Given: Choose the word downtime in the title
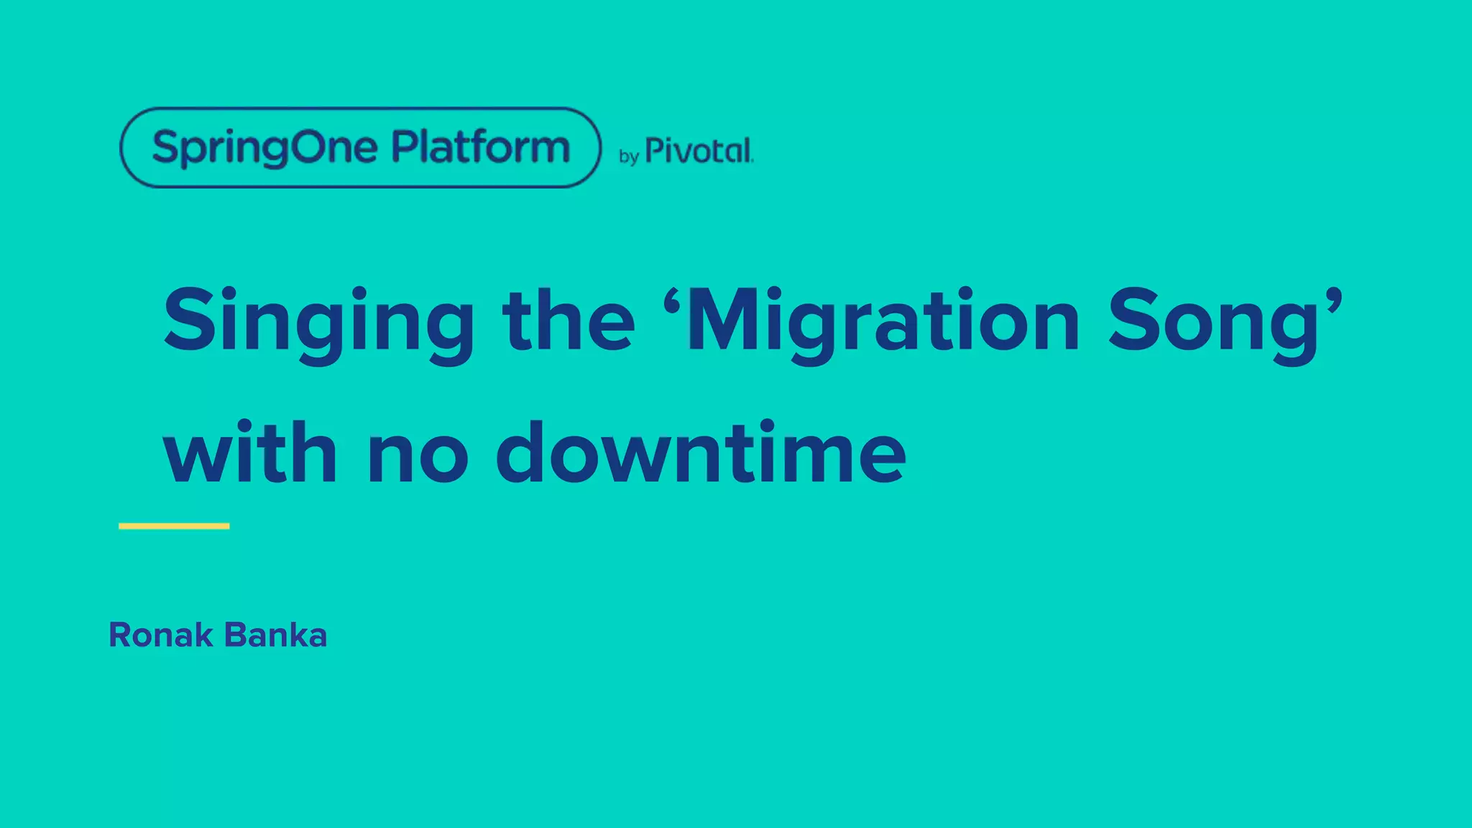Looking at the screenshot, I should tap(701, 453).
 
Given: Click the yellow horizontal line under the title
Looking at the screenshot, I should tap(174, 526).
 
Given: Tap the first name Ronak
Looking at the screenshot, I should tap(160, 635).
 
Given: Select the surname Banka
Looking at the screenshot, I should tap(275, 635).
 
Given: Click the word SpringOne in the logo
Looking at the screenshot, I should tap(264, 148).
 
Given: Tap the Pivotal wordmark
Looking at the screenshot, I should tap(699, 151).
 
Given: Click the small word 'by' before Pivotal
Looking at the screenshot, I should tap(629, 156).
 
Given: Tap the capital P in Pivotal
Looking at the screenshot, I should tap(655, 151).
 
